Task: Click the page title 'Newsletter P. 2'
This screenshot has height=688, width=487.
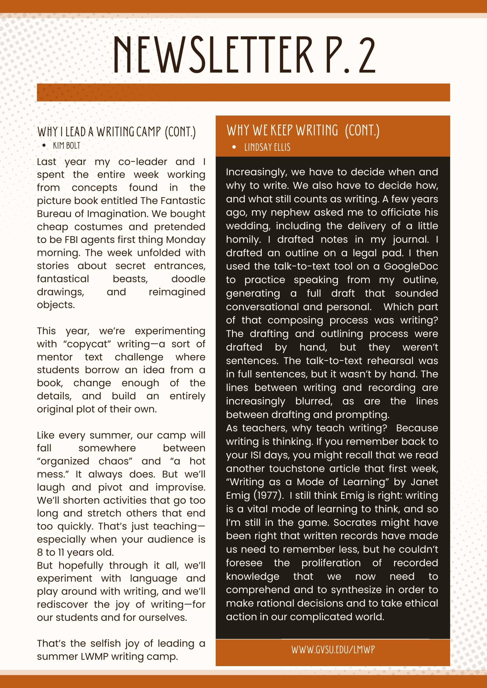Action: coord(244,55)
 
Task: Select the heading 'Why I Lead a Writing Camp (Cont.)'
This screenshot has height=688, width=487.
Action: coord(116,132)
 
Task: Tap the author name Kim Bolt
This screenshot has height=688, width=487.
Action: coord(67,146)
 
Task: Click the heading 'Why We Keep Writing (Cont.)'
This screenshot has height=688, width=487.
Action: coord(303,130)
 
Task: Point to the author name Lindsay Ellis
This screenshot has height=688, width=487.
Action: coord(267,147)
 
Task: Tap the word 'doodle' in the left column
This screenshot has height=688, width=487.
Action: coord(188,279)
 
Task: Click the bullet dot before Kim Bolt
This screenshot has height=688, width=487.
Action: coord(44,146)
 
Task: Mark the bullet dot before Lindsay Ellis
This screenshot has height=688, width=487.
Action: coord(234,147)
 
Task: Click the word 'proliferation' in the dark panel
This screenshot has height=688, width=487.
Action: coord(331,563)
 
